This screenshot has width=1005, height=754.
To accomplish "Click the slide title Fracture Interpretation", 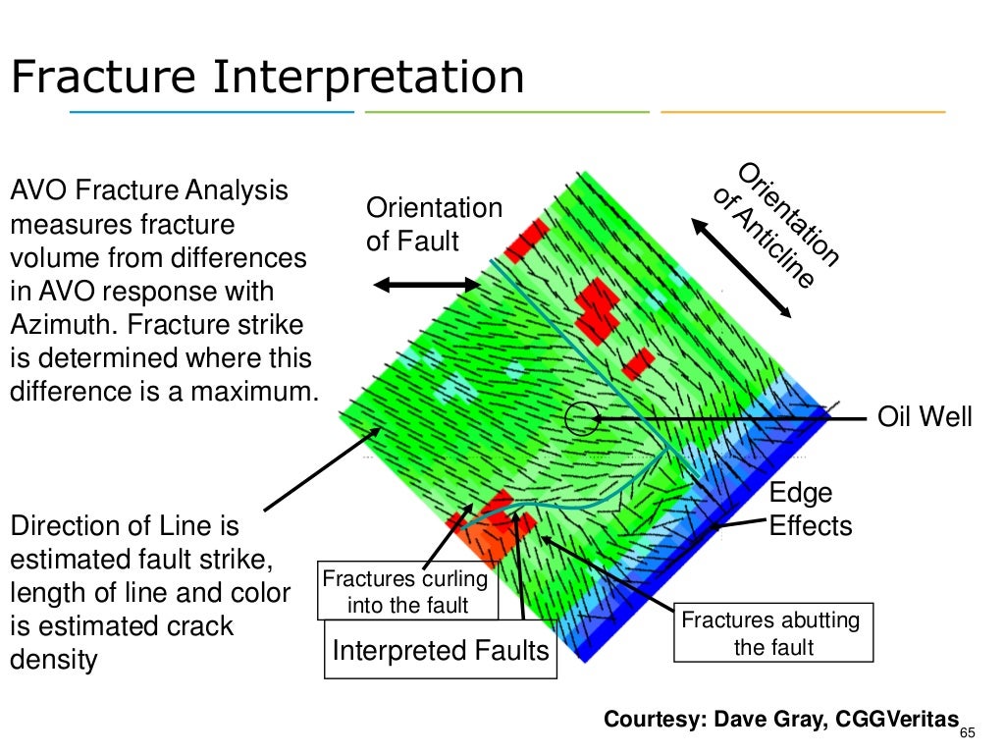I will pos(267,78).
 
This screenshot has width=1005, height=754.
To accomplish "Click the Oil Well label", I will pos(925,417).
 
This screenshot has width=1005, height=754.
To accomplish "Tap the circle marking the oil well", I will pos(581,418).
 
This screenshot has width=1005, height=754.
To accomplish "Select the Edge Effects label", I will pos(810,510).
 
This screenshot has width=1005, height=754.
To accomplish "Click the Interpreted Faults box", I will pos(441,650).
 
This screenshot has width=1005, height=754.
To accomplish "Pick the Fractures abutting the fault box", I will pos(772,633).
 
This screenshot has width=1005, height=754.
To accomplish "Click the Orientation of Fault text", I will pos(434,224).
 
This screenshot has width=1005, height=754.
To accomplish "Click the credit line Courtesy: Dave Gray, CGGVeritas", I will pos(780,719).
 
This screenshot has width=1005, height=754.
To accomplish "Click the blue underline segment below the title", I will pos(211,112).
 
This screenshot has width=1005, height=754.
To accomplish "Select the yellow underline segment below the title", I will pos(803,112).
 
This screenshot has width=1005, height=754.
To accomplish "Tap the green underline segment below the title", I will pos(506,112).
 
